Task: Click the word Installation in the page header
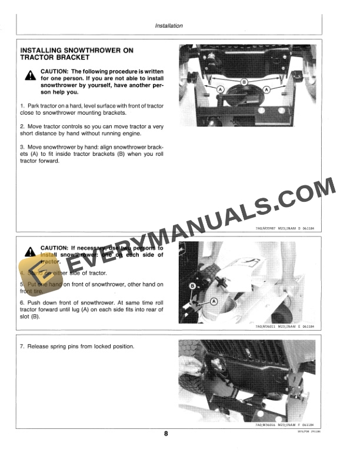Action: tap(168, 26)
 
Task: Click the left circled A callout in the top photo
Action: tap(221, 88)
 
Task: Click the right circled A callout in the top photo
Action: tap(266, 88)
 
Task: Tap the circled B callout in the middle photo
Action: tap(192, 286)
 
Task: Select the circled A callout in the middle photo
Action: tap(214, 301)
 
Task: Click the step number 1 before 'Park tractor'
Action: tap(21, 105)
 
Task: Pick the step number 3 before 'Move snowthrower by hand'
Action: tap(21, 147)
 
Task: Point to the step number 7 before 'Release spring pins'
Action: tap(21, 347)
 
